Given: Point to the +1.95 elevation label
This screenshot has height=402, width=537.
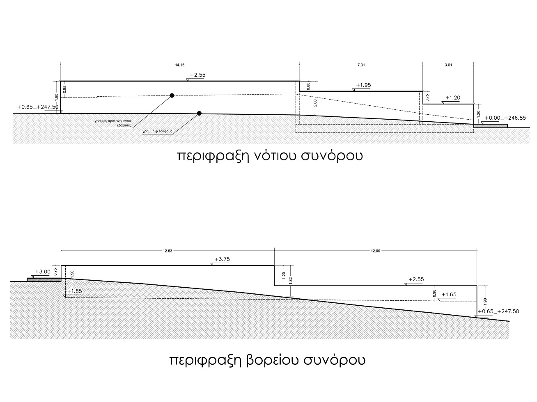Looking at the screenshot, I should (x=363, y=85).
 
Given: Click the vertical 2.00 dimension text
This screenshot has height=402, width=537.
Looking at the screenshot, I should (x=314, y=103).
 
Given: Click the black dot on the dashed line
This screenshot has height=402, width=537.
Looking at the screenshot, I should (x=172, y=95).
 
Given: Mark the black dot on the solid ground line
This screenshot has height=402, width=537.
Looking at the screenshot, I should (x=199, y=113).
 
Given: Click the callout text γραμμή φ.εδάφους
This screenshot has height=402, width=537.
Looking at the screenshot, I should (x=157, y=132).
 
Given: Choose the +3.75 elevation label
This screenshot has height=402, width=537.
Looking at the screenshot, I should (x=222, y=259).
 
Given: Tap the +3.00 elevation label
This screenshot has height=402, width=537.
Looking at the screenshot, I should (x=42, y=272).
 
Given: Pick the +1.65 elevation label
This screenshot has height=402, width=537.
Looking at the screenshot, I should (x=449, y=295).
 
